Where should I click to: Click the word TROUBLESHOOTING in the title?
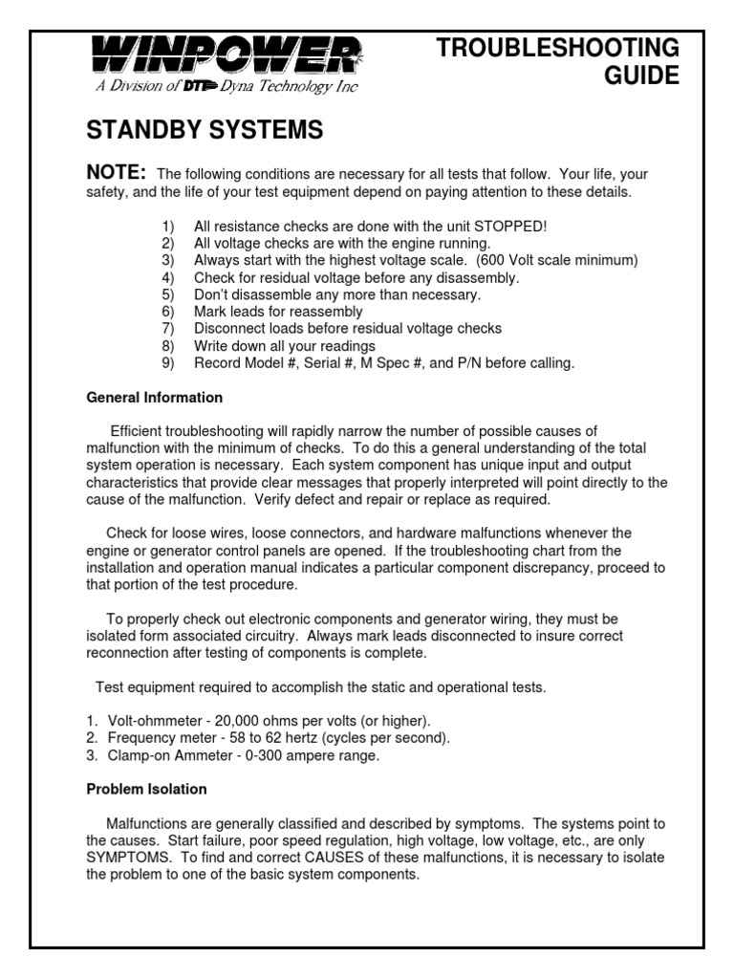pyautogui.click(x=557, y=49)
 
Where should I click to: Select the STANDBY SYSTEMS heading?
pyautogui.click(x=205, y=131)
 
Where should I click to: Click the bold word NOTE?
pyautogui.click(x=117, y=172)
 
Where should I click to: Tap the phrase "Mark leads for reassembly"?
pyautogui.click(x=278, y=313)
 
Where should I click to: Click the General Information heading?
pyautogui.click(x=154, y=398)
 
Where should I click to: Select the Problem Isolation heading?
pyautogui.click(x=146, y=790)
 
